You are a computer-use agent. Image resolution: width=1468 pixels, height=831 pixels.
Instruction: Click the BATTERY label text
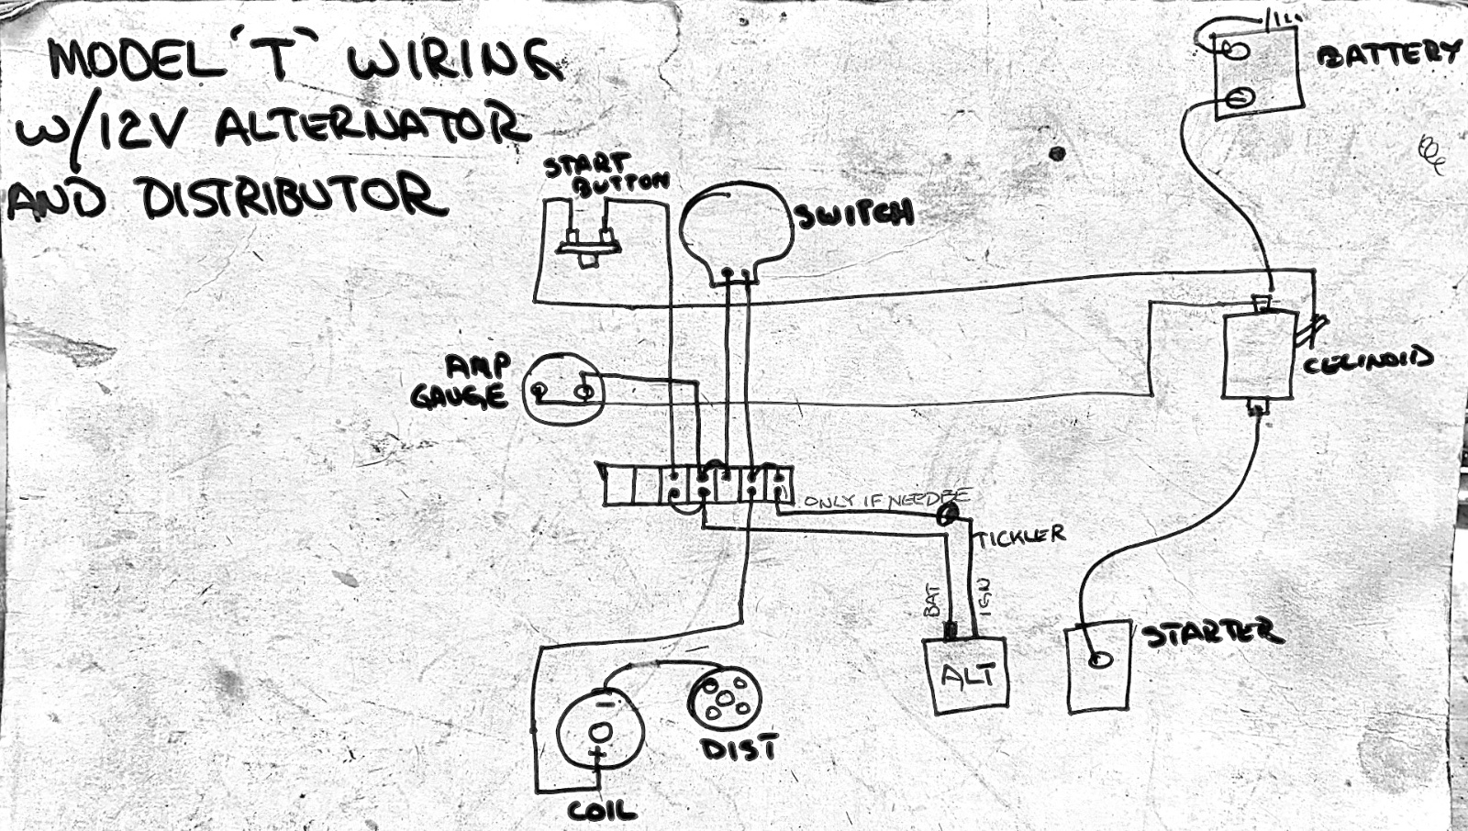pos(1387,54)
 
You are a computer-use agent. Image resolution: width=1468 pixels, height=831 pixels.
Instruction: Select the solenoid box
pos(1259,355)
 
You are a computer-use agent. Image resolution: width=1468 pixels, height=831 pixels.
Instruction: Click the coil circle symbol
pos(600,732)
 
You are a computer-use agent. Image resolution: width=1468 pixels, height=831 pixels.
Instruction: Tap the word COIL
pos(601,810)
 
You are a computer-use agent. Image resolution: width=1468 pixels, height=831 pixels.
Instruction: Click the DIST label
pos(740,748)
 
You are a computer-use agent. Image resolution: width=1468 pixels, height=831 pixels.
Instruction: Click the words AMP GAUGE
pos(462,382)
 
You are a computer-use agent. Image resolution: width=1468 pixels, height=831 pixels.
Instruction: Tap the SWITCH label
pos(854,215)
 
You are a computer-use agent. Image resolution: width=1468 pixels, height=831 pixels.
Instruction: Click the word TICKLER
pos(1019,536)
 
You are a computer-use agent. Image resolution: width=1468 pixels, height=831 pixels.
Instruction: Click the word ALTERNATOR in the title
pos(372,127)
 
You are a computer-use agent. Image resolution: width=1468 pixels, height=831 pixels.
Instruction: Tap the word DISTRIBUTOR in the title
pos(294,197)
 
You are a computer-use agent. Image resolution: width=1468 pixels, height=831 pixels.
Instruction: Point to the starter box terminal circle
pos(1098,660)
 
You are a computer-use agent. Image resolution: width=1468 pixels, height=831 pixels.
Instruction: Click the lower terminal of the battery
pos(1240,97)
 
